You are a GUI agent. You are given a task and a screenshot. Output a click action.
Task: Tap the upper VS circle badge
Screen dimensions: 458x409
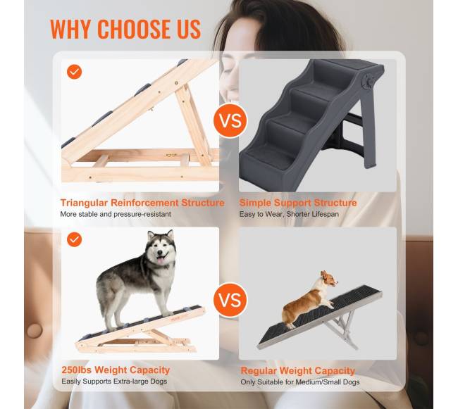(230, 121)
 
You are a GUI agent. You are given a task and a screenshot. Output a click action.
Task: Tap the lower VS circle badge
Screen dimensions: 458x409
(230, 300)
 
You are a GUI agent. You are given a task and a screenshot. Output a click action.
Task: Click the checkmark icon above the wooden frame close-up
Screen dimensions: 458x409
(74, 72)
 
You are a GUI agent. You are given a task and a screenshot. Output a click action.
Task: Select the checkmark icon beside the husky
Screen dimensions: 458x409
(74, 239)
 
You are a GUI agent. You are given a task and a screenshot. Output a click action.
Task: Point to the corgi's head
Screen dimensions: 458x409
(329, 279)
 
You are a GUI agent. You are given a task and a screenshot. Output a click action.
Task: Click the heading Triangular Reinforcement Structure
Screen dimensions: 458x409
(142, 203)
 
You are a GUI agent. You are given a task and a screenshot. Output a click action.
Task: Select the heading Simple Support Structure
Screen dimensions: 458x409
(298, 203)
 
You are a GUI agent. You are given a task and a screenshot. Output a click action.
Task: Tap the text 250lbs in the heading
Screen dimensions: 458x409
(76, 370)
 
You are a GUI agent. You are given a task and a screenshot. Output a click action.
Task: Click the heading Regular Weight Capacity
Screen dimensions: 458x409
(298, 371)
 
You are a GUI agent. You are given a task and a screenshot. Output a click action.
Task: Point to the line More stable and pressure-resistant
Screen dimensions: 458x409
(116, 214)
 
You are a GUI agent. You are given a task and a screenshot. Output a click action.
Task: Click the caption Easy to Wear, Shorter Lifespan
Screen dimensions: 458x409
(289, 214)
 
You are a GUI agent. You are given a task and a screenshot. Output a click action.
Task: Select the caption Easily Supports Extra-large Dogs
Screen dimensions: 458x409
(114, 382)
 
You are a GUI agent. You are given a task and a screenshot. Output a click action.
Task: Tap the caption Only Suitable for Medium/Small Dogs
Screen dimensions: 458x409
(300, 382)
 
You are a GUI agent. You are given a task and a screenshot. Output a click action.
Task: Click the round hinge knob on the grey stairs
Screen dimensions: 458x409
(367, 82)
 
